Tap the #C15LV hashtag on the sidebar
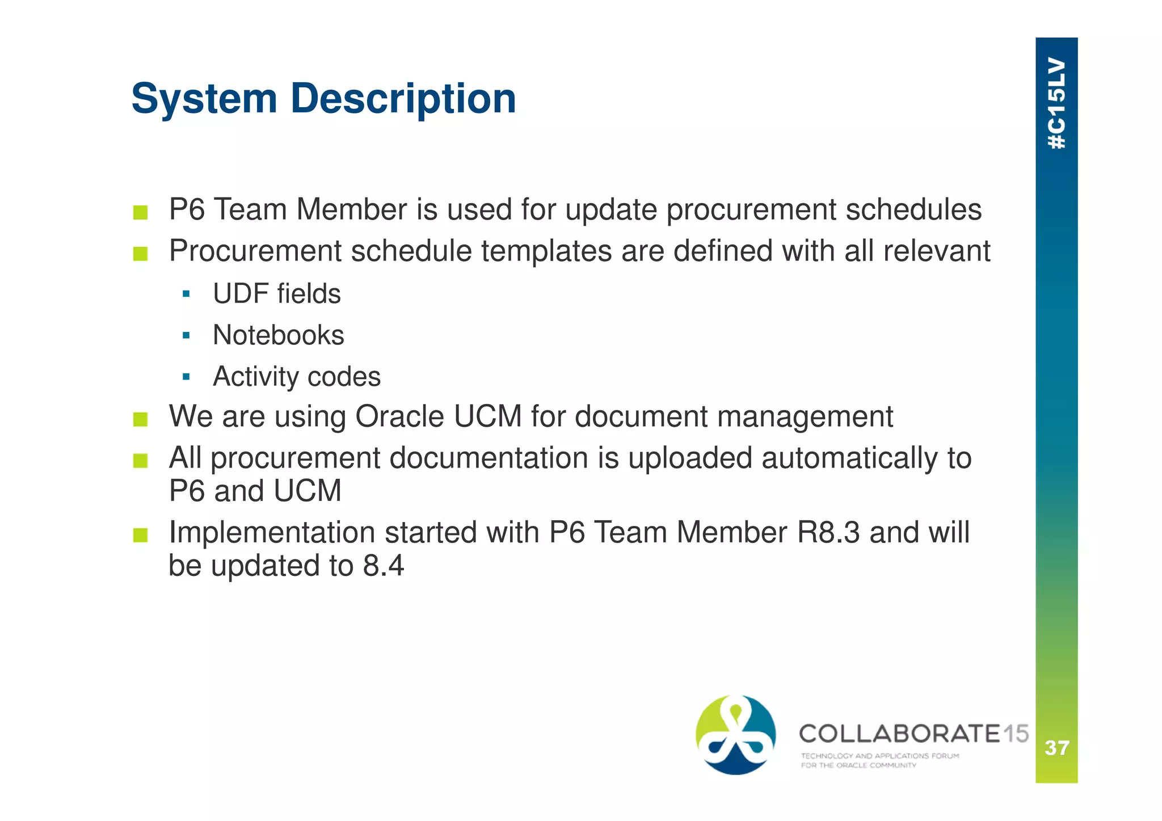click(x=1056, y=103)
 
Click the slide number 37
click(x=1056, y=748)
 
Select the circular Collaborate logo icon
click(x=735, y=735)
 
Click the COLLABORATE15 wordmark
click(x=913, y=734)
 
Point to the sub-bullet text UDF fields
click(x=277, y=294)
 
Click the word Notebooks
click(x=278, y=335)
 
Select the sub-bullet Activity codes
click(x=296, y=377)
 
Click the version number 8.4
click(x=384, y=566)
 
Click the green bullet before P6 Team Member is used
click(x=140, y=213)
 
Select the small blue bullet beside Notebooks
click(x=186, y=335)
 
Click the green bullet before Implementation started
click(x=140, y=535)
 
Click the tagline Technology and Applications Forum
click(x=879, y=756)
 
